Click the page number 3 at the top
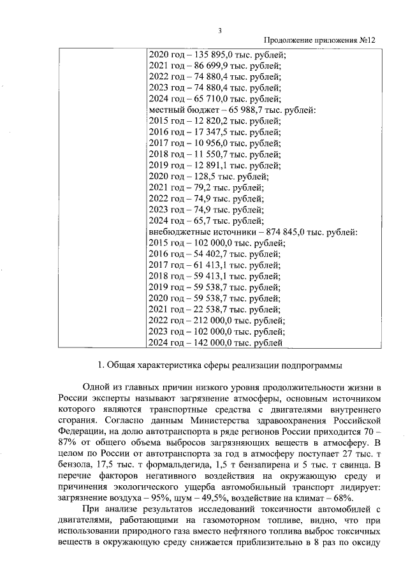point(219,29)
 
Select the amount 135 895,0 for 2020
point(215,54)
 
